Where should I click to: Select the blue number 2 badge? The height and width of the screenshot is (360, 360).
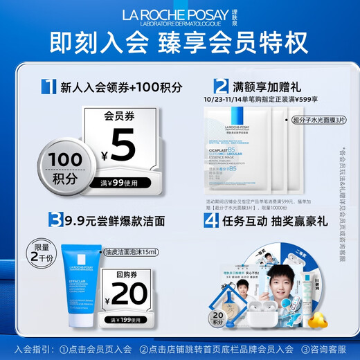pyautogui.click(x=221, y=87)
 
